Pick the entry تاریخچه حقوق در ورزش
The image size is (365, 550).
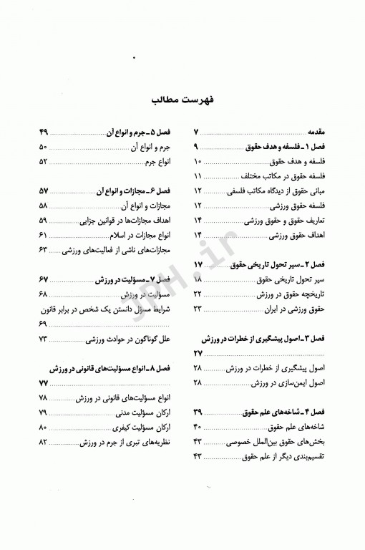click(293, 294)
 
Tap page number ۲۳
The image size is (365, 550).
click(198, 309)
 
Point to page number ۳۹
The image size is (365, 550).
click(198, 413)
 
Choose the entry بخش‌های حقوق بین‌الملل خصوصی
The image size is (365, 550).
click(283, 443)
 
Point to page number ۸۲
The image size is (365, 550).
click(43, 443)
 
